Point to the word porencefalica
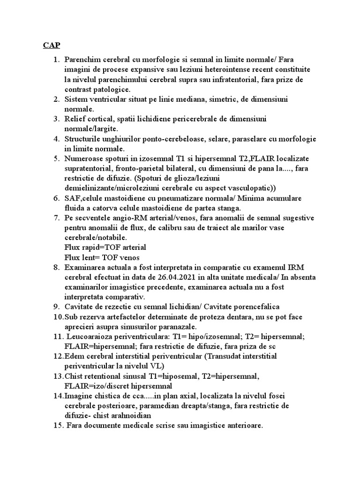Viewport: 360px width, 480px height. tap(256, 307)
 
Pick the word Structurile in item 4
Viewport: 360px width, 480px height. tap(85, 139)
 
